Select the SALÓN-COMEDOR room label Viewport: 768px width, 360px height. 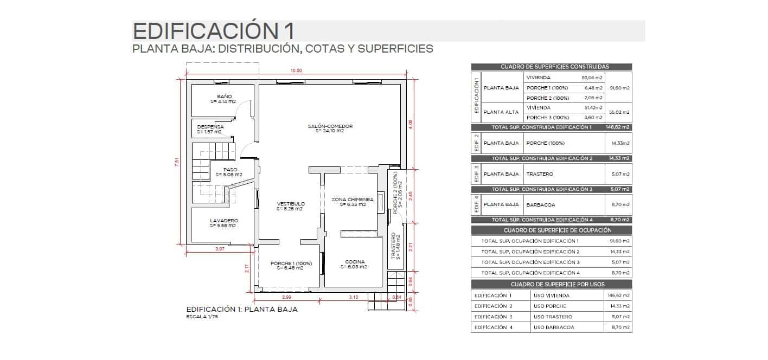coord(330,126)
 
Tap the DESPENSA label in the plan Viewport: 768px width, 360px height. coord(210,127)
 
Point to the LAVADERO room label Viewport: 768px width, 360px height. coord(223,221)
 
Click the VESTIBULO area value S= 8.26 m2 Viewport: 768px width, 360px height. coord(290,209)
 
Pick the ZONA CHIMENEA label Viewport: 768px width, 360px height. coord(353,200)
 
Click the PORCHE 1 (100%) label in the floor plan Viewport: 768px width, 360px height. coord(291,263)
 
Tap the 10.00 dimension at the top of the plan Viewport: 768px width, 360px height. coord(296,70)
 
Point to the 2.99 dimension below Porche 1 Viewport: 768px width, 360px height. coord(287,297)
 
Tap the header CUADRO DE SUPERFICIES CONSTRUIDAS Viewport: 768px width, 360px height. coord(551,67)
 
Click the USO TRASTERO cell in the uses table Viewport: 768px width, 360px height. coord(553,317)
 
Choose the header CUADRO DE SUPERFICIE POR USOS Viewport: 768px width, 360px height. coord(551,285)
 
